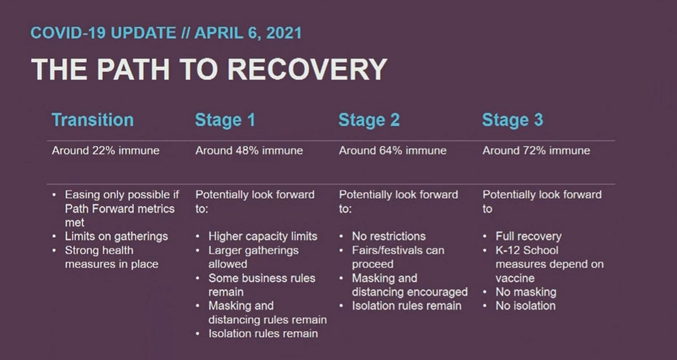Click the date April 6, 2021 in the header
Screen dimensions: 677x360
pyautogui.click(x=248, y=33)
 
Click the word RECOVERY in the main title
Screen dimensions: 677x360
pyautogui.click(x=307, y=69)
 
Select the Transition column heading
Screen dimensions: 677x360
pyautogui.click(x=92, y=120)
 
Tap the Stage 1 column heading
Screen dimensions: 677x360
pyautogui.click(x=225, y=120)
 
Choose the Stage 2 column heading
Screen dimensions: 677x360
pyautogui.click(x=369, y=120)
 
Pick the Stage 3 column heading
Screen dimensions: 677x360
pyautogui.click(x=513, y=120)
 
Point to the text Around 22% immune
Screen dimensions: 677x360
pyautogui.click(x=106, y=151)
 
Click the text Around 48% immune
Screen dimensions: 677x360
pyautogui.click(x=249, y=151)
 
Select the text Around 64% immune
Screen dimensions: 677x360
pyautogui.click(x=392, y=151)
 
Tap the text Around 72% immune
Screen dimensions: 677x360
pyautogui.click(x=537, y=151)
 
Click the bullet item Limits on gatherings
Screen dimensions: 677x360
pyautogui.click(x=116, y=237)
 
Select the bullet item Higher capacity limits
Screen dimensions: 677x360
pyautogui.click(x=263, y=237)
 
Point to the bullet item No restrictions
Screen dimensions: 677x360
pyautogui.click(x=388, y=237)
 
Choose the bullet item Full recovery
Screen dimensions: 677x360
pyautogui.click(x=528, y=237)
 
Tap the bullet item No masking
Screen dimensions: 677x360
pyautogui.click(x=526, y=292)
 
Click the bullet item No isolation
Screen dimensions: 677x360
pyautogui.click(x=525, y=306)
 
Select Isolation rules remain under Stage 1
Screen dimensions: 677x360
pyautogui.click(x=263, y=334)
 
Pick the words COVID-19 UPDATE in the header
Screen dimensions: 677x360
pyautogui.click(x=103, y=33)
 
